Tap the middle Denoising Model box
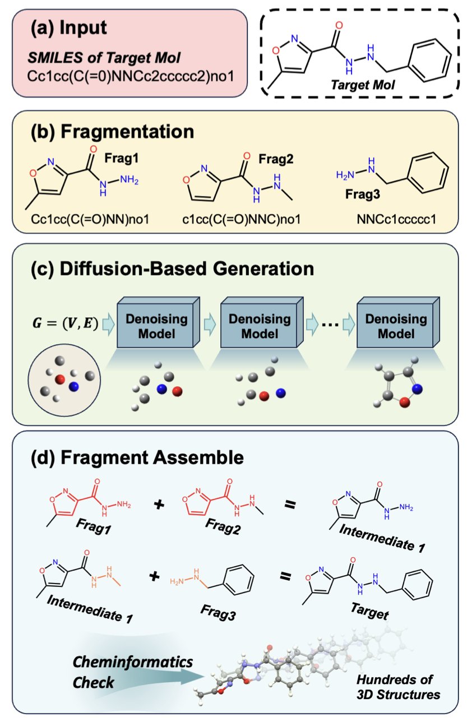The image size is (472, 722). point(262,327)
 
